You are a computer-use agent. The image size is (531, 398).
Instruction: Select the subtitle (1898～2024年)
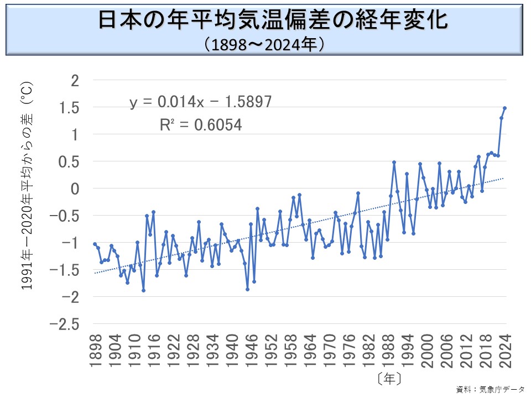coord(265,44)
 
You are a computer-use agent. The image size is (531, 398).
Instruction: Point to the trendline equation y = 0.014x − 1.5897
coord(201,102)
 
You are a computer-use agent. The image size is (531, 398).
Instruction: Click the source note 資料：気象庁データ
coord(490,389)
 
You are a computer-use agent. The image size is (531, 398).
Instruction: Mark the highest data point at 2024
coord(504,108)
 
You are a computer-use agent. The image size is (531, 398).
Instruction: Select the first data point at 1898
coord(95,244)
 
